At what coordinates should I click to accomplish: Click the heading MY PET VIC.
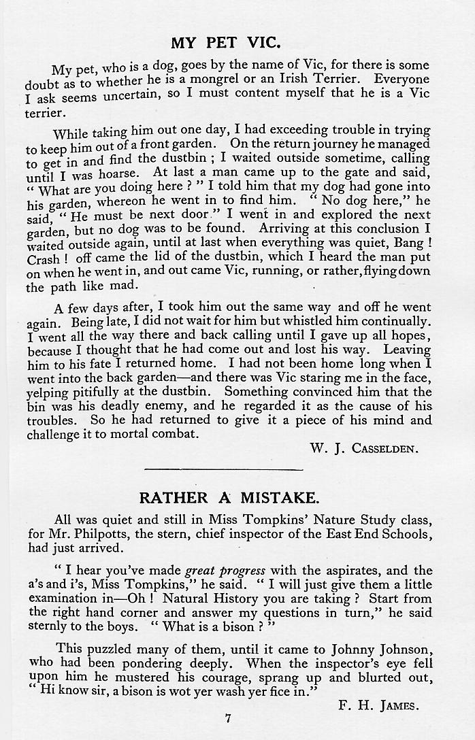pos(225,43)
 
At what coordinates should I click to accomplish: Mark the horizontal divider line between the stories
pos(224,469)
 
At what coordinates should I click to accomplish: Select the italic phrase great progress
pos(225,571)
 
